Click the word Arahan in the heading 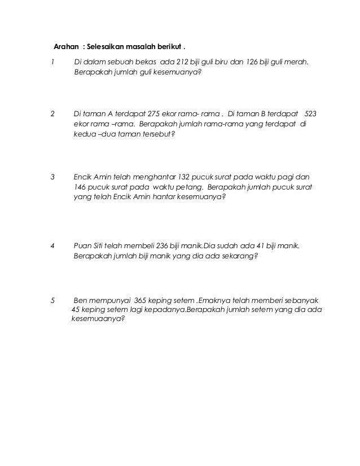(65, 45)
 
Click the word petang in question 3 (190, 187)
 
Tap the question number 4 (53, 245)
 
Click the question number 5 (53, 301)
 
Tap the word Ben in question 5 (81, 301)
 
